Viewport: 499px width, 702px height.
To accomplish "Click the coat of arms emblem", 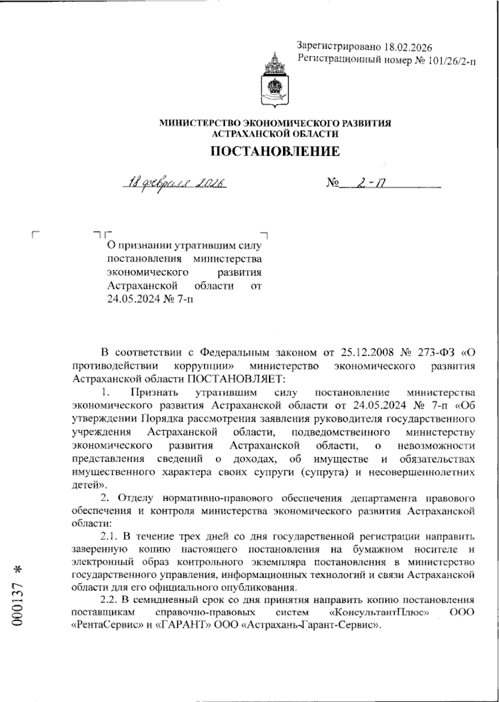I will pos(274,81).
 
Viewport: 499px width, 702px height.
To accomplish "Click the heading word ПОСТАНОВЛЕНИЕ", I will pos(276,152).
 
